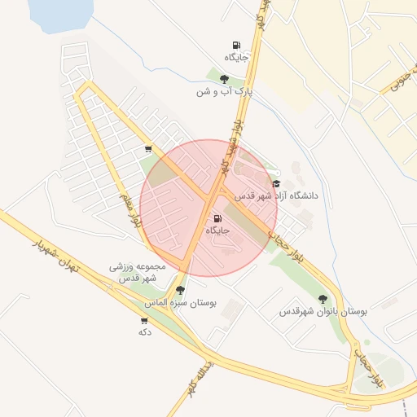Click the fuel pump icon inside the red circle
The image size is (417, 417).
217,218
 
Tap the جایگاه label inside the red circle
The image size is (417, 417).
217,231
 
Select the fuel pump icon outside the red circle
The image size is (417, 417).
235,46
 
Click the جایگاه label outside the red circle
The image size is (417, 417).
235,58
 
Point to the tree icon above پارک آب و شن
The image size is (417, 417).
224,79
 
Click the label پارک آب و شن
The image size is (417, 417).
224,92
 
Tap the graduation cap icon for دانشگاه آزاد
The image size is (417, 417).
276,184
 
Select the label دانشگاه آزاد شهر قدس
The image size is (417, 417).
276,196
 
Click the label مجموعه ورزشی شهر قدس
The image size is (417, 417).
138,272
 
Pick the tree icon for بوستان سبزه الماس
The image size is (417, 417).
179,289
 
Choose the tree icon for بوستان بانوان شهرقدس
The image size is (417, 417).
323,299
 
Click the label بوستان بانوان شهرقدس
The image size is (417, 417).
323,312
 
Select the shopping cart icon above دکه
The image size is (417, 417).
145,320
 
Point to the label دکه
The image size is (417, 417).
145,332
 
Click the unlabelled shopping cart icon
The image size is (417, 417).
147,149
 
